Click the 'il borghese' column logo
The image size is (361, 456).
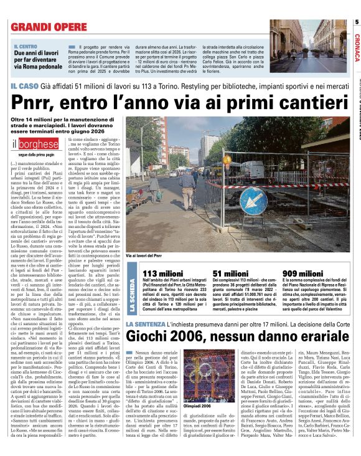coord(33,145)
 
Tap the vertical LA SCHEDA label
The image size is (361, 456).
coord(132,295)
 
